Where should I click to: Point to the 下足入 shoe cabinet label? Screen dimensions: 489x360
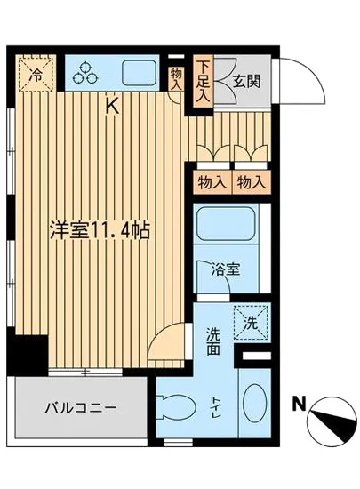click(204, 81)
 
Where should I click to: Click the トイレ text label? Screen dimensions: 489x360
click(219, 407)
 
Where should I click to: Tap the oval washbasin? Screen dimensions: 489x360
click(253, 406)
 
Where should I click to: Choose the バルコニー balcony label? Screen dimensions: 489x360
click(80, 409)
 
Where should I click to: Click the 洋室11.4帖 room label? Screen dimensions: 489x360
click(98, 228)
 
